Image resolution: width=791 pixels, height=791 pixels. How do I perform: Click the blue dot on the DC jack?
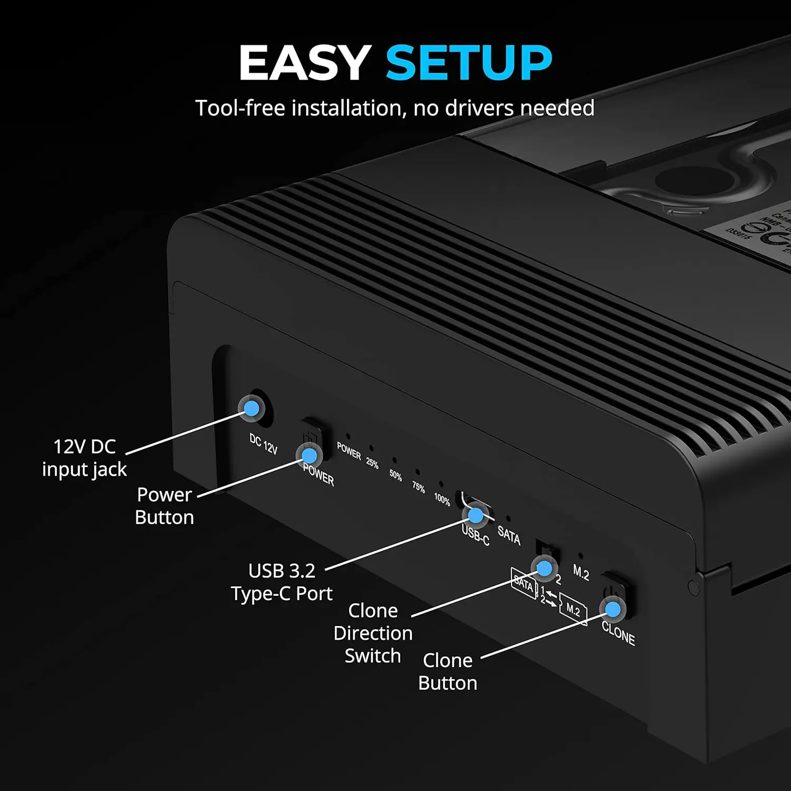pyautogui.click(x=252, y=408)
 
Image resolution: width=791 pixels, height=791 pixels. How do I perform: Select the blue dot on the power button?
pyautogui.click(x=310, y=455)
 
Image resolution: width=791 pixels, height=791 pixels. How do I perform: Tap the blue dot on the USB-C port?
pyautogui.click(x=475, y=515)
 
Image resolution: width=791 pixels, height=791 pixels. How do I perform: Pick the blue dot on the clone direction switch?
pyautogui.click(x=544, y=568)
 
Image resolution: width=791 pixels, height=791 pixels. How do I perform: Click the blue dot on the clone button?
pyautogui.click(x=613, y=610)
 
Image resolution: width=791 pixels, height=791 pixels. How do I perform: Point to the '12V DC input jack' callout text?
pyautogui.click(x=84, y=458)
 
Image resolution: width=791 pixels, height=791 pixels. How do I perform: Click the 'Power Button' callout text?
pyautogui.click(x=164, y=506)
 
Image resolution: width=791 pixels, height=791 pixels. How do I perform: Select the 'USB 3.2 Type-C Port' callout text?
pyautogui.click(x=282, y=582)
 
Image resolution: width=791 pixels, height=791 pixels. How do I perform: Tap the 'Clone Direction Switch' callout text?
pyautogui.click(x=373, y=633)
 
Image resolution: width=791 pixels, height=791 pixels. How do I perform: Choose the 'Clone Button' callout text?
pyautogui.click(x=448, y=671)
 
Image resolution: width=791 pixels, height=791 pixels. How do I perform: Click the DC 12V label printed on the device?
pyautogui.click(x=263, y=444)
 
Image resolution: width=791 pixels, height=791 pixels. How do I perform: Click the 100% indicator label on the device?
pyautogui.click(x=442, y=499)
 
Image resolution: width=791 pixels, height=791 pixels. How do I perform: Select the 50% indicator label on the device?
pyautogui.click(x=395, y=476)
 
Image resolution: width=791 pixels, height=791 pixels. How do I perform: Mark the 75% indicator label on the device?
pyautogui.click(x=419, y=487)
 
